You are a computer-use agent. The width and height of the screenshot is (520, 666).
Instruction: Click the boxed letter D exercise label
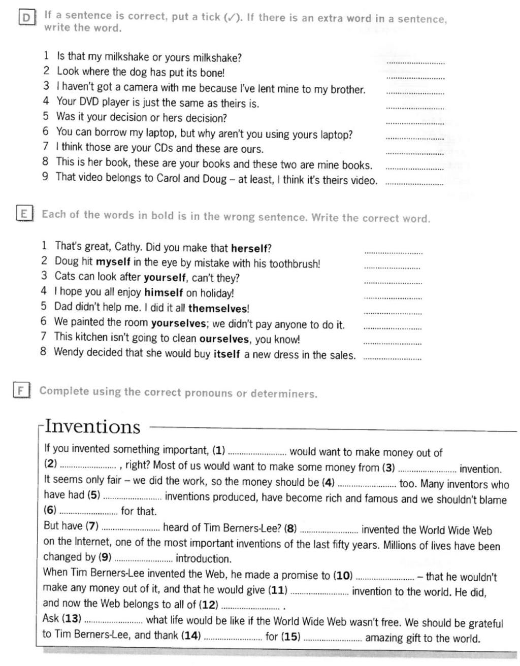pos(26,18)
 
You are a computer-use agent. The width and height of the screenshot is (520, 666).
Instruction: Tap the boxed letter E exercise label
pos(24,214)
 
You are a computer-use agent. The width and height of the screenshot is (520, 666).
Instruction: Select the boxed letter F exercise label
pos(21,390)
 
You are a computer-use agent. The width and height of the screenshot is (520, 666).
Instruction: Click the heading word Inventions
pos(92,426)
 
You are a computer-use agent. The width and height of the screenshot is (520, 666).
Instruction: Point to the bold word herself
pos(249,248)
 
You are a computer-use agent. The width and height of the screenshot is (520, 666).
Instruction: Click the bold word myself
pos(113,262)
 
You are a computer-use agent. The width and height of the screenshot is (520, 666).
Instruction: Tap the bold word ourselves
pos(224,339)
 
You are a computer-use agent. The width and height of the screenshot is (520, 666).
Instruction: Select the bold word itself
pos(226,354)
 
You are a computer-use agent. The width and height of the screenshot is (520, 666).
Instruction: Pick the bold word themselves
pos(218,308)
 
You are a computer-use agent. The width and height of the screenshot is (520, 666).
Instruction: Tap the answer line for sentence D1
pos(415,62)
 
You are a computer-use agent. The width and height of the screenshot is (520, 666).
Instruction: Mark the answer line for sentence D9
pos(414,184)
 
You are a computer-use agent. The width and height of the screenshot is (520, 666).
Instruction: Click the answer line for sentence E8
pos(392,358)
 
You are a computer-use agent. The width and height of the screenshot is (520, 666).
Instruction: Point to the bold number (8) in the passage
pos(290,528)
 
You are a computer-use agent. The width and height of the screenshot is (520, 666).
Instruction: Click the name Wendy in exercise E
pos(68,352)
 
